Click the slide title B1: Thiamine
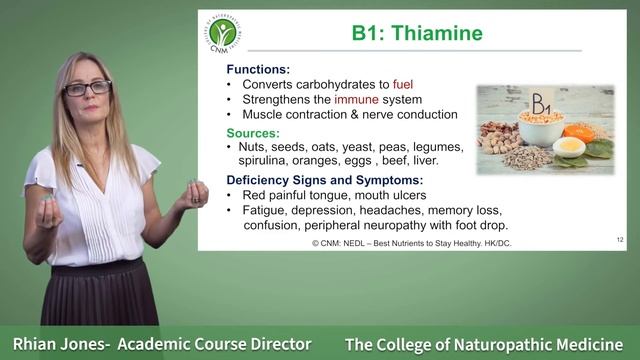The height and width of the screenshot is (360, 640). pos(417,33)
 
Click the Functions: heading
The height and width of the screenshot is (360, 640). pos(258,69)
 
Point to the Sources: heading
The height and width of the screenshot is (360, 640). pos(253,132)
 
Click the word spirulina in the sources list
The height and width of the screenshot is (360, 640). pos(264,160)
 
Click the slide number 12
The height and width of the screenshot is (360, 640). pos(620,240)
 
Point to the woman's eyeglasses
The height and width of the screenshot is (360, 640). pos(88,88)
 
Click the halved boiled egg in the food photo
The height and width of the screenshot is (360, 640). pos(570,149)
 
